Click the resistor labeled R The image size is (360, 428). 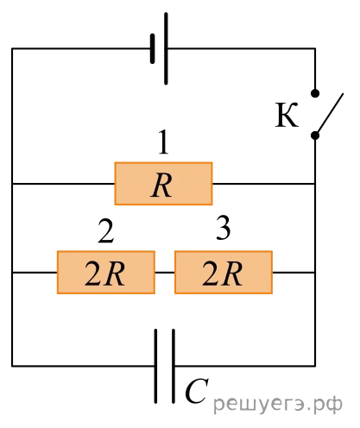(x=163, y=184)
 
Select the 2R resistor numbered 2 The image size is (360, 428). (x=106, y=272)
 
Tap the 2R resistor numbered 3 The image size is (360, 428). (x=224, y=272)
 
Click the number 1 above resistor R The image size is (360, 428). (x=163, y=142)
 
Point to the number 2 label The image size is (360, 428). (x=106, y=231)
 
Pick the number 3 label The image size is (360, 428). (x=224, y=228)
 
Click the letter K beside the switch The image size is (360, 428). (x=287, y=115)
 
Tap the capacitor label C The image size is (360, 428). (x=197, y=391)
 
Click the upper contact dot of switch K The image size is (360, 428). (x=315, y=93)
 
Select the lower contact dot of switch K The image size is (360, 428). (x=315, y=135)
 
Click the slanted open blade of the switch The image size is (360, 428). (x=329, y=114)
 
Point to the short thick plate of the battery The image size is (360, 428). (x=153, y=48)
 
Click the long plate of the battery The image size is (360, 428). (x=166, y=48)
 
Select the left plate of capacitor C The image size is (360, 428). (x=155, y=366)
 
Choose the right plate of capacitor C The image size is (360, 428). (x=174, y=366)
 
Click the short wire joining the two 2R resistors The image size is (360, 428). (x=165, y=272)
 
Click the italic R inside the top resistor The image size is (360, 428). (x=161, y=186)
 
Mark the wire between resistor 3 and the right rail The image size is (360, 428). (x=294, y=272)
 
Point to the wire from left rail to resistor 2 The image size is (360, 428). (x=35, y=272)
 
